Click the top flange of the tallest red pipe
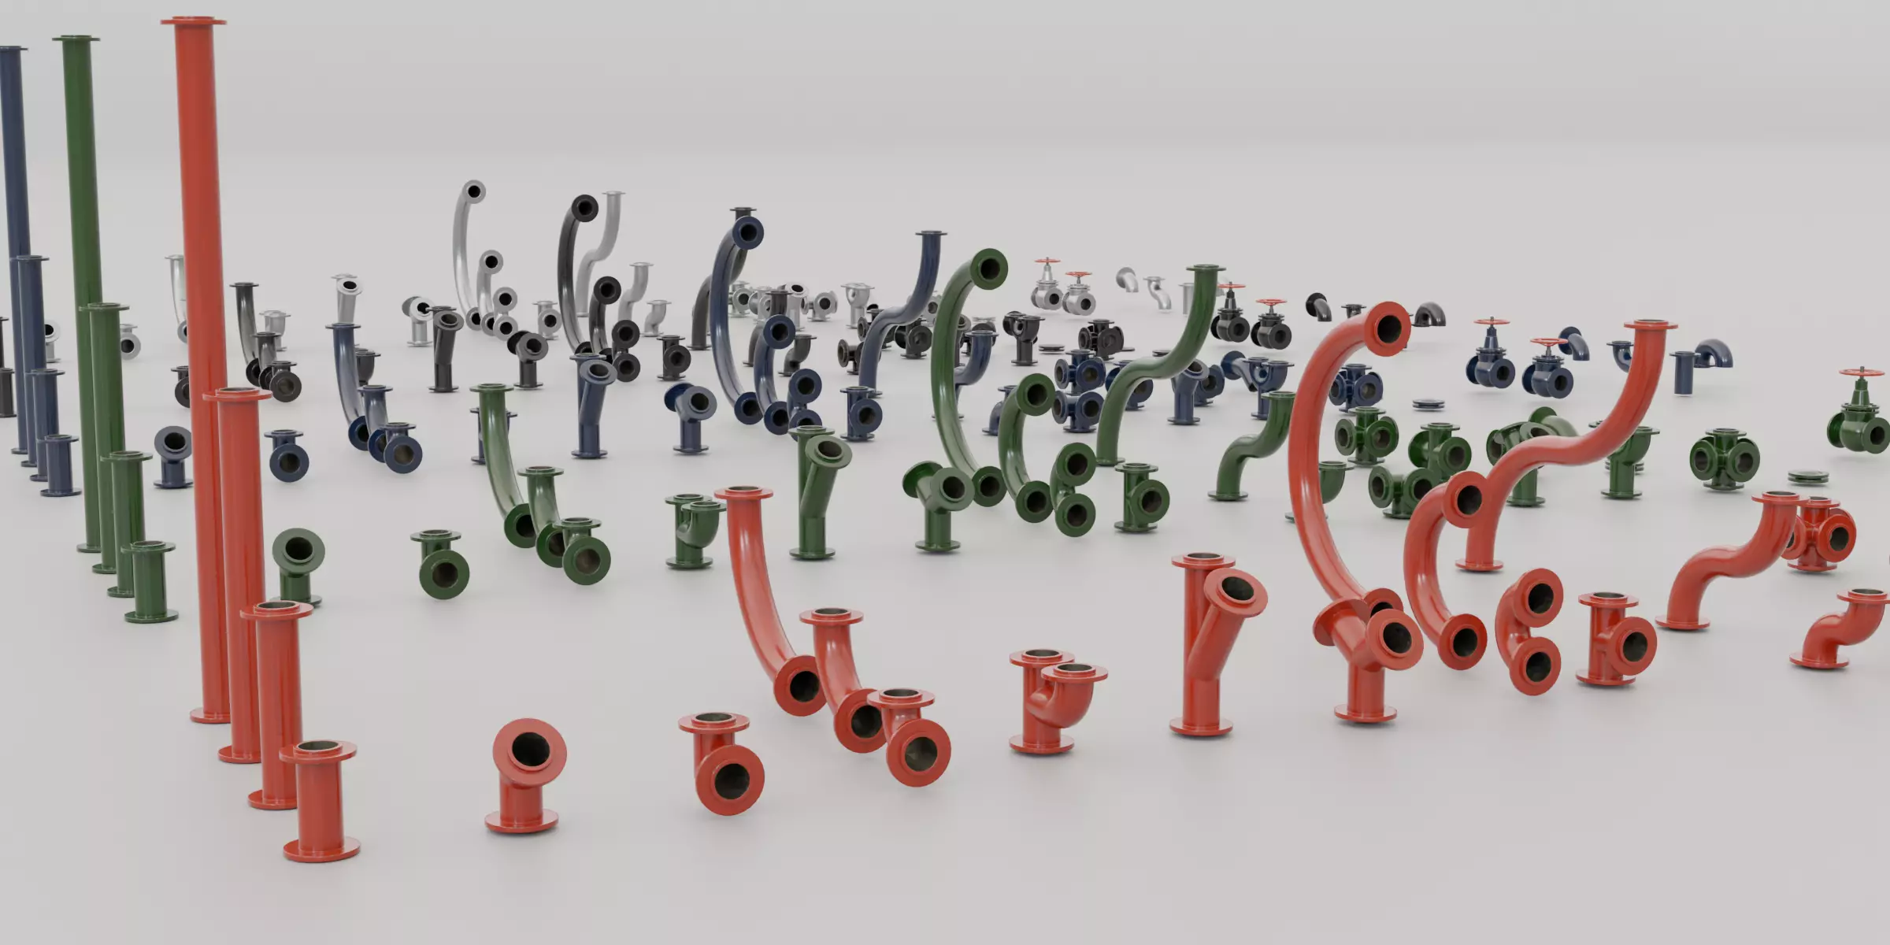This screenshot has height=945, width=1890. (x=194, y=21)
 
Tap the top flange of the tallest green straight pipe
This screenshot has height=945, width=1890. (x=76, y=39)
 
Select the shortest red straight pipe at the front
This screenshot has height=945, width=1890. (x=321, y=803)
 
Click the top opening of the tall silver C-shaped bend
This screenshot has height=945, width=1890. (x=472, y=191)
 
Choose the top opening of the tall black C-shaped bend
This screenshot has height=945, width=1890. (x=584, y=209)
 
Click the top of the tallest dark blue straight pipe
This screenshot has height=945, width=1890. (x=11, y=50)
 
